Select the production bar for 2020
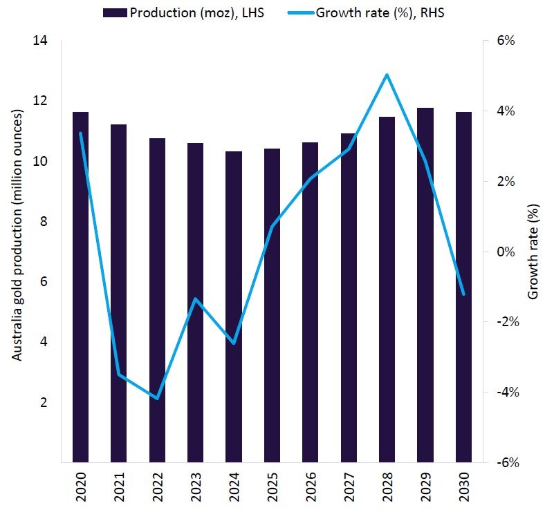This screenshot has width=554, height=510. tap(80, 287)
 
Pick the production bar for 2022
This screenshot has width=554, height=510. tap(157, 300)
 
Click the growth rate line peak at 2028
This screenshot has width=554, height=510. tap(387, 75)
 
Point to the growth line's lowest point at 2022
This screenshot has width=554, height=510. tap(157, 399)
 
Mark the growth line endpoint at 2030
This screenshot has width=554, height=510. tap(463, 294)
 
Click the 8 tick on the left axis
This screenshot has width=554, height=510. tap(48, 222)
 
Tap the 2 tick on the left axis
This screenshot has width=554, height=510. tap(48, 402)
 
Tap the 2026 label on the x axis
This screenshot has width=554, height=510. tap(311, 486)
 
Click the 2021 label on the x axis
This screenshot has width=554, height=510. tap(119, 486)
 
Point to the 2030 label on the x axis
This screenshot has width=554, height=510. tap(464, 486)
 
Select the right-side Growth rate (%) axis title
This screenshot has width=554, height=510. tap(533, 252)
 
